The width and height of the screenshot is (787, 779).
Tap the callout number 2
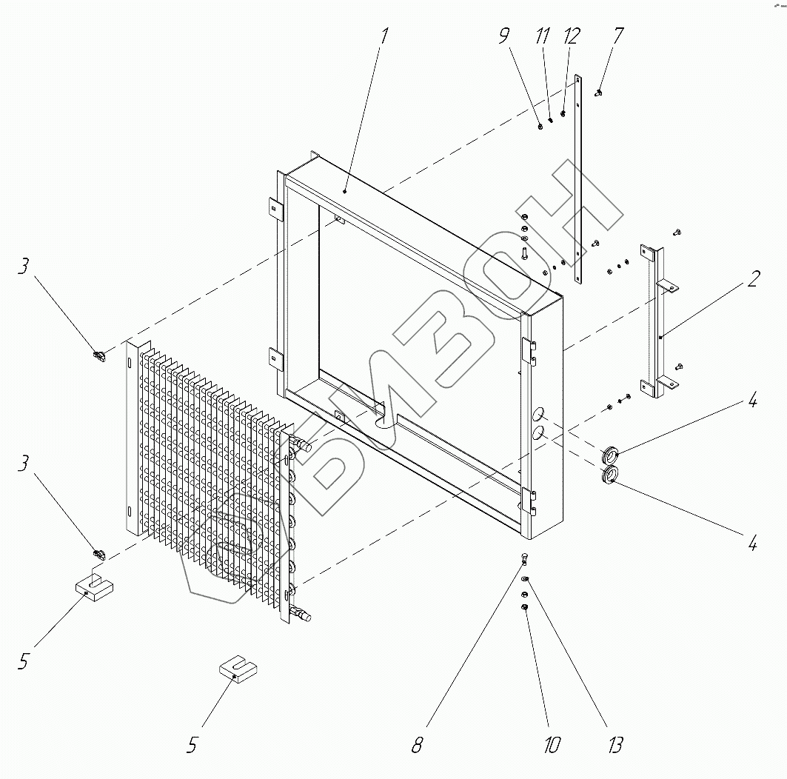(x=752, y=280)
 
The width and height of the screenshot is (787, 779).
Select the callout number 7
(x=618, y=36)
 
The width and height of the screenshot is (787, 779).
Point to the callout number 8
(x=417, y=744)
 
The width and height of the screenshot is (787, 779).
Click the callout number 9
(x=505, y=36)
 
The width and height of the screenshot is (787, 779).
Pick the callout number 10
(x=552, y=744)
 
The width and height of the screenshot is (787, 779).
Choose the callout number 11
(x=544, y=36)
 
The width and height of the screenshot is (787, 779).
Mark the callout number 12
(x=572, y=36)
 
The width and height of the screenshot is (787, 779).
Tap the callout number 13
(x=614, y=744)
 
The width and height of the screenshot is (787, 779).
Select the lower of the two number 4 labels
(x=752, y=544)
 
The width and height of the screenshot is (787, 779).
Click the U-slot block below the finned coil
(x=238, y=671)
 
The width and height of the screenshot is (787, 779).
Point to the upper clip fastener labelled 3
(x=98, y=356)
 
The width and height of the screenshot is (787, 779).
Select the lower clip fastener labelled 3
(x=97, y=552)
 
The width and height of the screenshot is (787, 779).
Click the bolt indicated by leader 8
(x=523, y=559)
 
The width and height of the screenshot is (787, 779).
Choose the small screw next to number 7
(x=598, y=93)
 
